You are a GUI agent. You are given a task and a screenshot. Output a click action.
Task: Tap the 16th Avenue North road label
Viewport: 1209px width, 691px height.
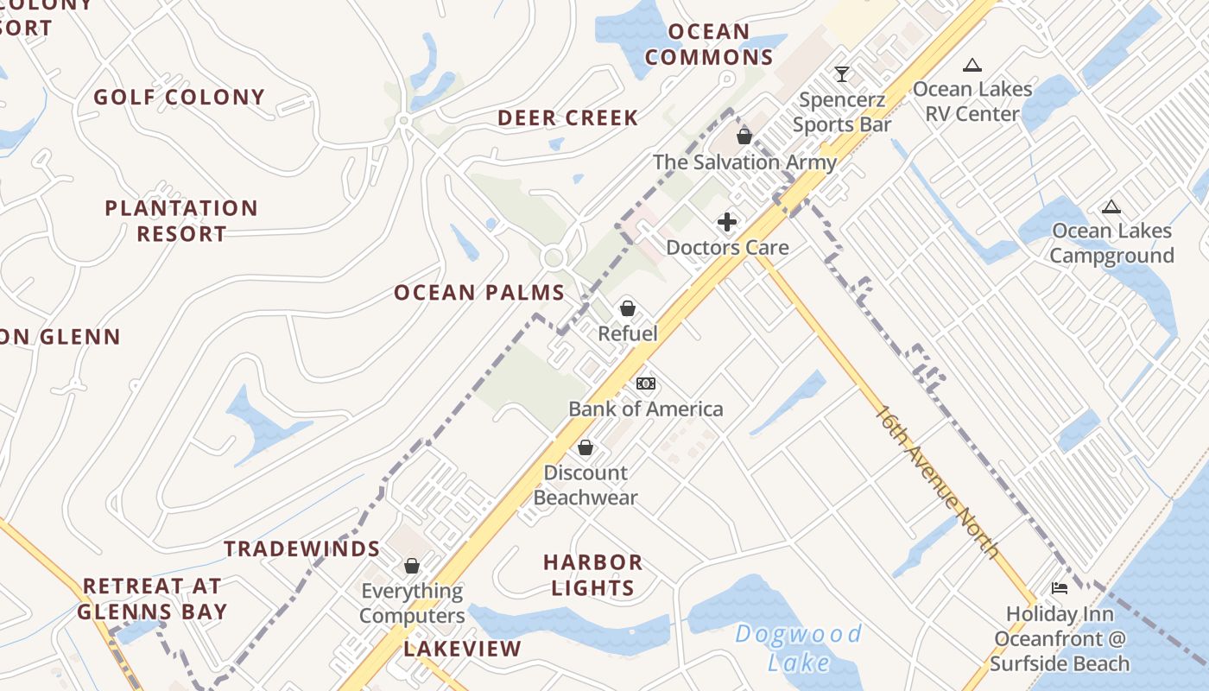coord(938,482)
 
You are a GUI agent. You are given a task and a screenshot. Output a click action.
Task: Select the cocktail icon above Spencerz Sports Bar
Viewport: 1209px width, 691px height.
coord(842,74)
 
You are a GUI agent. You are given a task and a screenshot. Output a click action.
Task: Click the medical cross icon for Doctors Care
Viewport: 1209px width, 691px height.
coord(727,222)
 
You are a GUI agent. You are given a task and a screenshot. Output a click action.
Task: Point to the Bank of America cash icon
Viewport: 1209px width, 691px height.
coord(645,384)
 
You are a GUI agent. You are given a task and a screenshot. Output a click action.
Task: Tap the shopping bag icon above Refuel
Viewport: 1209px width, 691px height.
coord(628,308)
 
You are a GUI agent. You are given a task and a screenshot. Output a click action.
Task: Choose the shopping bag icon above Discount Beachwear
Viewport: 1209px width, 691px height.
coord(586,447)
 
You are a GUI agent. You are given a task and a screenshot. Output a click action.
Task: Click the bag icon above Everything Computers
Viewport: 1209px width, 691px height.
coord(412,566)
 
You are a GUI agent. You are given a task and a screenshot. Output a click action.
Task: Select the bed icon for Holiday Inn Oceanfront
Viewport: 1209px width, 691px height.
coord(1060,588)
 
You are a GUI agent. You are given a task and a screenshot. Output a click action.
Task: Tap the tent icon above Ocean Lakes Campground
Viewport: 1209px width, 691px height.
coord(1111,206)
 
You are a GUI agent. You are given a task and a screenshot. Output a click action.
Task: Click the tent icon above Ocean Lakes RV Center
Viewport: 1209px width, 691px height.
coord(972,65)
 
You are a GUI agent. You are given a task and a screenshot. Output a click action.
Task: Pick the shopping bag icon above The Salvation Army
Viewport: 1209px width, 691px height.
coord(744,136)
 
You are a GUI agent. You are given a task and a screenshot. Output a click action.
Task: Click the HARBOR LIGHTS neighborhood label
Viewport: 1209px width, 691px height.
coord(592,575)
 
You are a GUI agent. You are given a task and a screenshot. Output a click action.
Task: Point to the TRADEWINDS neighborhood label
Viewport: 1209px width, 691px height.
coord(302,549)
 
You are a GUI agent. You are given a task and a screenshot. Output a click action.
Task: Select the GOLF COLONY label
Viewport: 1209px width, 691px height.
coord(179,97)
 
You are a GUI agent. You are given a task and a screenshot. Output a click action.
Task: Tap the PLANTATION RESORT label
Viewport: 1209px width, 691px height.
coord(181,221)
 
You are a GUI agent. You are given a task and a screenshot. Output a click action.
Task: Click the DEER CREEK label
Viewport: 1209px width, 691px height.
coord(567,118)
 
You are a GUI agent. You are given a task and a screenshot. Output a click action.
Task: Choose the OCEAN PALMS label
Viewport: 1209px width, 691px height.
coord(479,293)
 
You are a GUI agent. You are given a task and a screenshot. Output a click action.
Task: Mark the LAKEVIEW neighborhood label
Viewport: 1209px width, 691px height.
coord(463,649)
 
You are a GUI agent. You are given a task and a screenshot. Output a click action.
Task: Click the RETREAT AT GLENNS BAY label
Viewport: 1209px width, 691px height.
coord(152,599)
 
